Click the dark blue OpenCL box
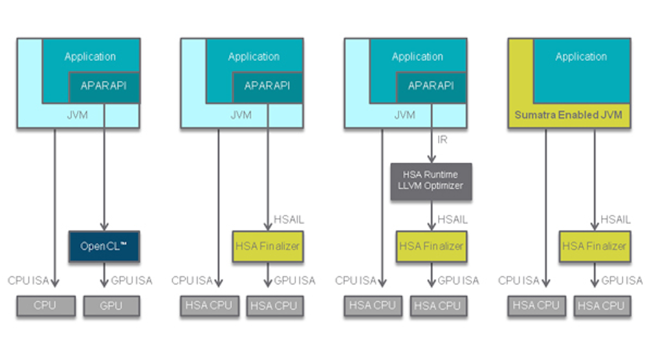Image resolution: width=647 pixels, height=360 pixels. pyautogui.click(x=104, y=246)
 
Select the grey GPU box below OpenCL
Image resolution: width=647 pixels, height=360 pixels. pyautogui.click(x=111, y=306)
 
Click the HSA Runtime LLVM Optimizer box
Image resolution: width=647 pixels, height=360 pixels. pyautogui.click(x=431, y=181)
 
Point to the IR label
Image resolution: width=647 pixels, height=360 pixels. pyautogui.click(x=443, y=139)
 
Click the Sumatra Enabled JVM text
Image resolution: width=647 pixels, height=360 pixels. pyautogui.click(x=568, y=116)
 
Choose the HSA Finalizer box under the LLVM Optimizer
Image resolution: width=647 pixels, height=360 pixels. pyautogui.click(x=431, y=246)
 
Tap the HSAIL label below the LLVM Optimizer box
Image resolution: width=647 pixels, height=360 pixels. pyautogui.click(x=452, y=219)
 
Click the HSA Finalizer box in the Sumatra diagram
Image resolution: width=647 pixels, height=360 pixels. pyautogui.click(x=594, y=246)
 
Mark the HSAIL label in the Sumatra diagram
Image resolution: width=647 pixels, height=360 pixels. pyautogui.click(x=615, y=219)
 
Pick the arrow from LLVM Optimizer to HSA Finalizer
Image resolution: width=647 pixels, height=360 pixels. pyautogui.click(x=431, y=214)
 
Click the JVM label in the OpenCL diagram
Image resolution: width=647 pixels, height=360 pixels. pyautogui.click(x=78, y=116)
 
